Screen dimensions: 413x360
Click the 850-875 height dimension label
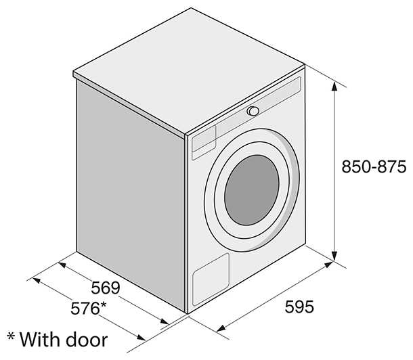point(374,166)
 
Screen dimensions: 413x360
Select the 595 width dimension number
point(299,307)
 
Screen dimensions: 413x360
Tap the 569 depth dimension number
point(106,288)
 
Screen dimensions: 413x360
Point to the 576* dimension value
point(88,308)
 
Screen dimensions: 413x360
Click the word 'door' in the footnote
point(87,340)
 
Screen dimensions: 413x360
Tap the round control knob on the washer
point(253,111)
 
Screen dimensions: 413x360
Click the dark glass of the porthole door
point(252,190)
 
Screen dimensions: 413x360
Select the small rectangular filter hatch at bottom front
point(211,279)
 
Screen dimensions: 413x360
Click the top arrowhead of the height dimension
point(334,87)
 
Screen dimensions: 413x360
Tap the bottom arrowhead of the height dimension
point(334,256)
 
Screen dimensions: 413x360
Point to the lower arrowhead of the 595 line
point(221,328)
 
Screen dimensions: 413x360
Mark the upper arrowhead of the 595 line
point(328,264)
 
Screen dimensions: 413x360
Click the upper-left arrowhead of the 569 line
point(62,265)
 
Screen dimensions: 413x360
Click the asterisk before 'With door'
point(11,336)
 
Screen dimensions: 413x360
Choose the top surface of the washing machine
point(189,72)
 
